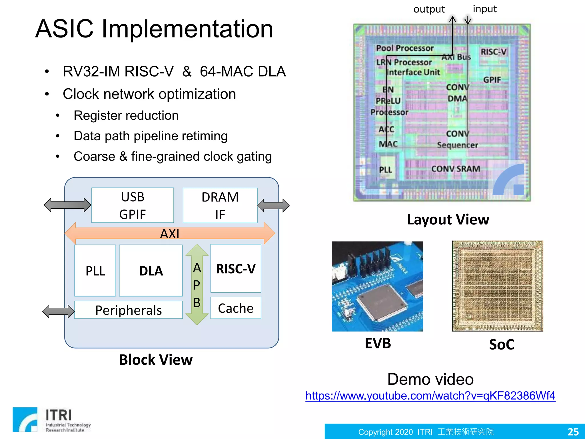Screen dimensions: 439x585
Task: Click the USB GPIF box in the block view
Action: [133, 205]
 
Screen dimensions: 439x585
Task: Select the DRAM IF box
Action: [220, 205]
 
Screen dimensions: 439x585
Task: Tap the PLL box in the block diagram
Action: [95, 270]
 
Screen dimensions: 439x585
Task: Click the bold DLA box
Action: [151, 270]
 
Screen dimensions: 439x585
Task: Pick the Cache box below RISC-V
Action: [236, 308]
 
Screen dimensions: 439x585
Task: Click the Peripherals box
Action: [129, 310]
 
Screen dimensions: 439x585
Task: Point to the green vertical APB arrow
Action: [197, 284]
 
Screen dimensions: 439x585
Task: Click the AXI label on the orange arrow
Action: [170, 234]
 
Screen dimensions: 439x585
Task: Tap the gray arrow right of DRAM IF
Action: [273, 205]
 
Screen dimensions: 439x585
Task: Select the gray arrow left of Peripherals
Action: [58, 311]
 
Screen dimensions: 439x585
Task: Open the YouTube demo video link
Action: [430, 396]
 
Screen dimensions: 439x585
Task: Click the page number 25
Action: [573, 432]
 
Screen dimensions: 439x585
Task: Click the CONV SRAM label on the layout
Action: [455, 169]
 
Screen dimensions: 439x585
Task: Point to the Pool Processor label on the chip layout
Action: [404, 48]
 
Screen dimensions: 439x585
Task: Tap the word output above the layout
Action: [429, 9]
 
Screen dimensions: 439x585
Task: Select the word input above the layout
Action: [485, 9]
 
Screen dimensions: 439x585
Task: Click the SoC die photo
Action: [498, 286]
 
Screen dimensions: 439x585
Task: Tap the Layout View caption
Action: [448, 219]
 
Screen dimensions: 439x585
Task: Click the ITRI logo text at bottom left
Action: [59, 415]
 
